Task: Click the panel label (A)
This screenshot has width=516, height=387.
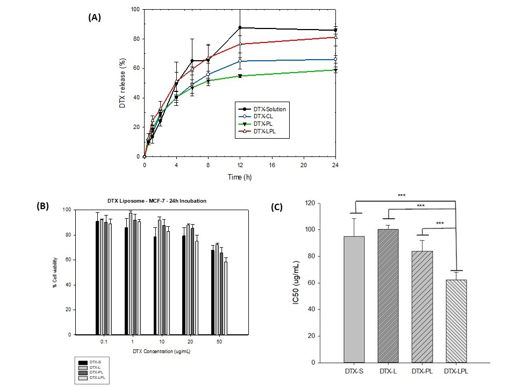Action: pos(95,17)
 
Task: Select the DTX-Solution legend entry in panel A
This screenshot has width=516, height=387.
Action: pos(263,109)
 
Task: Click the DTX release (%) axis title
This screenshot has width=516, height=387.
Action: pos(122,83)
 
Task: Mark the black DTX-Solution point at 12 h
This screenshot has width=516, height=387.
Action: pos(240,27)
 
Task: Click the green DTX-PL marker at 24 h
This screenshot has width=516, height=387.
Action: pos(335,70)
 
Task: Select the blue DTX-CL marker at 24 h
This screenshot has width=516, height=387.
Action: pos(335,59)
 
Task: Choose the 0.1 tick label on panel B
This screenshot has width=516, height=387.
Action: pos(103,342)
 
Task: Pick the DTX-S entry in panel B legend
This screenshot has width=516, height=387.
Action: pos(97,362)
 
